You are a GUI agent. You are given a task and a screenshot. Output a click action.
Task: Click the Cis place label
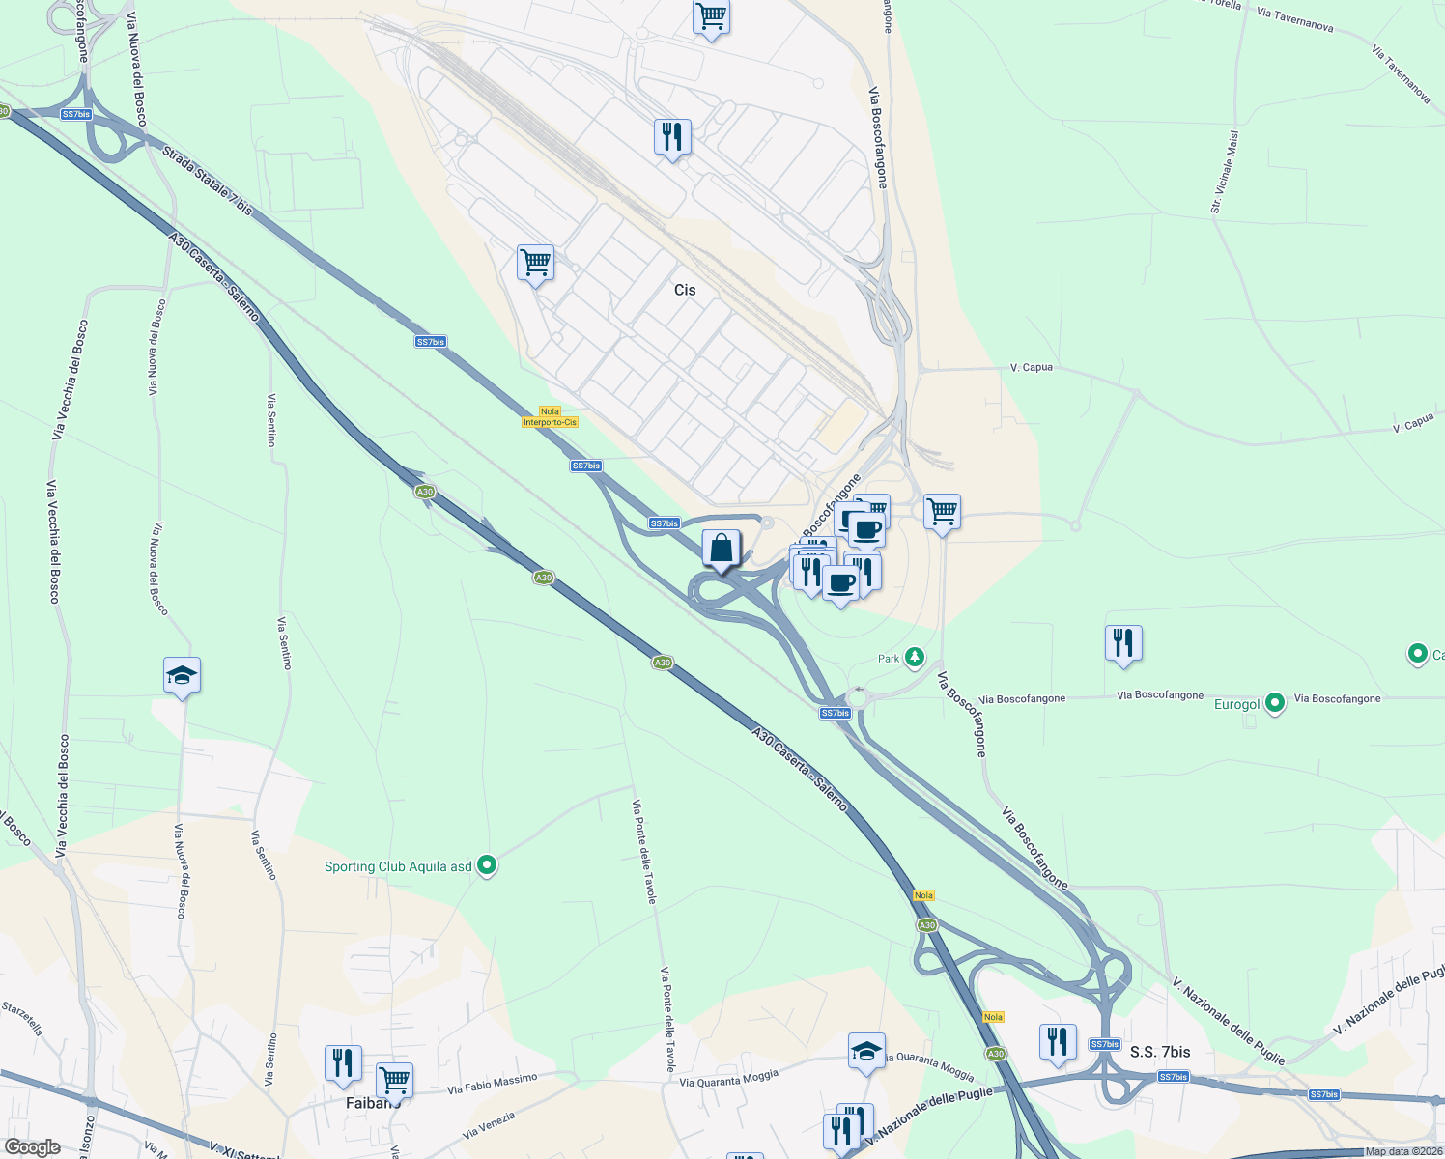click(x=684, y=290)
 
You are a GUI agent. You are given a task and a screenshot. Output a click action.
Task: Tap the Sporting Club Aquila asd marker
click(x=488, y=865)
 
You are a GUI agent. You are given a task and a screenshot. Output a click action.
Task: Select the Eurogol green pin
click(x=1275, y=703)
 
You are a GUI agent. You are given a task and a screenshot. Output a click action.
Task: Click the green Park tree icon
click(x=914, y=658)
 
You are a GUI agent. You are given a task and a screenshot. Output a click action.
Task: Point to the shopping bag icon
click(x=721, y=550)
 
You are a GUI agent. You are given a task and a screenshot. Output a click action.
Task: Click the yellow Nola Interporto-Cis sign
click(x=550, y=417)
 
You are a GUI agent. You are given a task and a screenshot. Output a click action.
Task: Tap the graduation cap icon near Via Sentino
click(x=182, y=675)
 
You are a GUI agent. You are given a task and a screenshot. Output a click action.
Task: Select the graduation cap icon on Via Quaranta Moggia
click(x=866, y=1051)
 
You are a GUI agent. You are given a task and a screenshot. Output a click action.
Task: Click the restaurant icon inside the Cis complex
click(x=672, y=137)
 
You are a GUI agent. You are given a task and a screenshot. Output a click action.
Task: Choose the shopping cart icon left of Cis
click(x=535, y=262)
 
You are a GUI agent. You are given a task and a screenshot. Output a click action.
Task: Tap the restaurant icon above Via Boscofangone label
click(x=1123, y=643)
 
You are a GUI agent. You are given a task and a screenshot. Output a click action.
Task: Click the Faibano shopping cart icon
click(x=394, y=1079)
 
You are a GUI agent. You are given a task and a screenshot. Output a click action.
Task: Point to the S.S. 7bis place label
click(x=1160, y=1052)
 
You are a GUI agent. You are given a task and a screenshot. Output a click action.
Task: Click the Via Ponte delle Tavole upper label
click(x=643, y=851)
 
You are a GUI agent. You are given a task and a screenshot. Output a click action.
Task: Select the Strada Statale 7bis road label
click(x=207, y=180)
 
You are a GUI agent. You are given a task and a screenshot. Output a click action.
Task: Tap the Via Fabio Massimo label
click(x=492, y=1084)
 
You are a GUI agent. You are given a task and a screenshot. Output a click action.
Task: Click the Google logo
click(x=33, y=1146)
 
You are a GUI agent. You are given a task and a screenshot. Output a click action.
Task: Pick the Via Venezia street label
click(x=489, y=1125)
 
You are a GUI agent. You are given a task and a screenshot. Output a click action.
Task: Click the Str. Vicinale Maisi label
click(x=1224, y=172)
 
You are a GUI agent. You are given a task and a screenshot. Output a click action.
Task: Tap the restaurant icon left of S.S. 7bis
click(x=1058, y=1042)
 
